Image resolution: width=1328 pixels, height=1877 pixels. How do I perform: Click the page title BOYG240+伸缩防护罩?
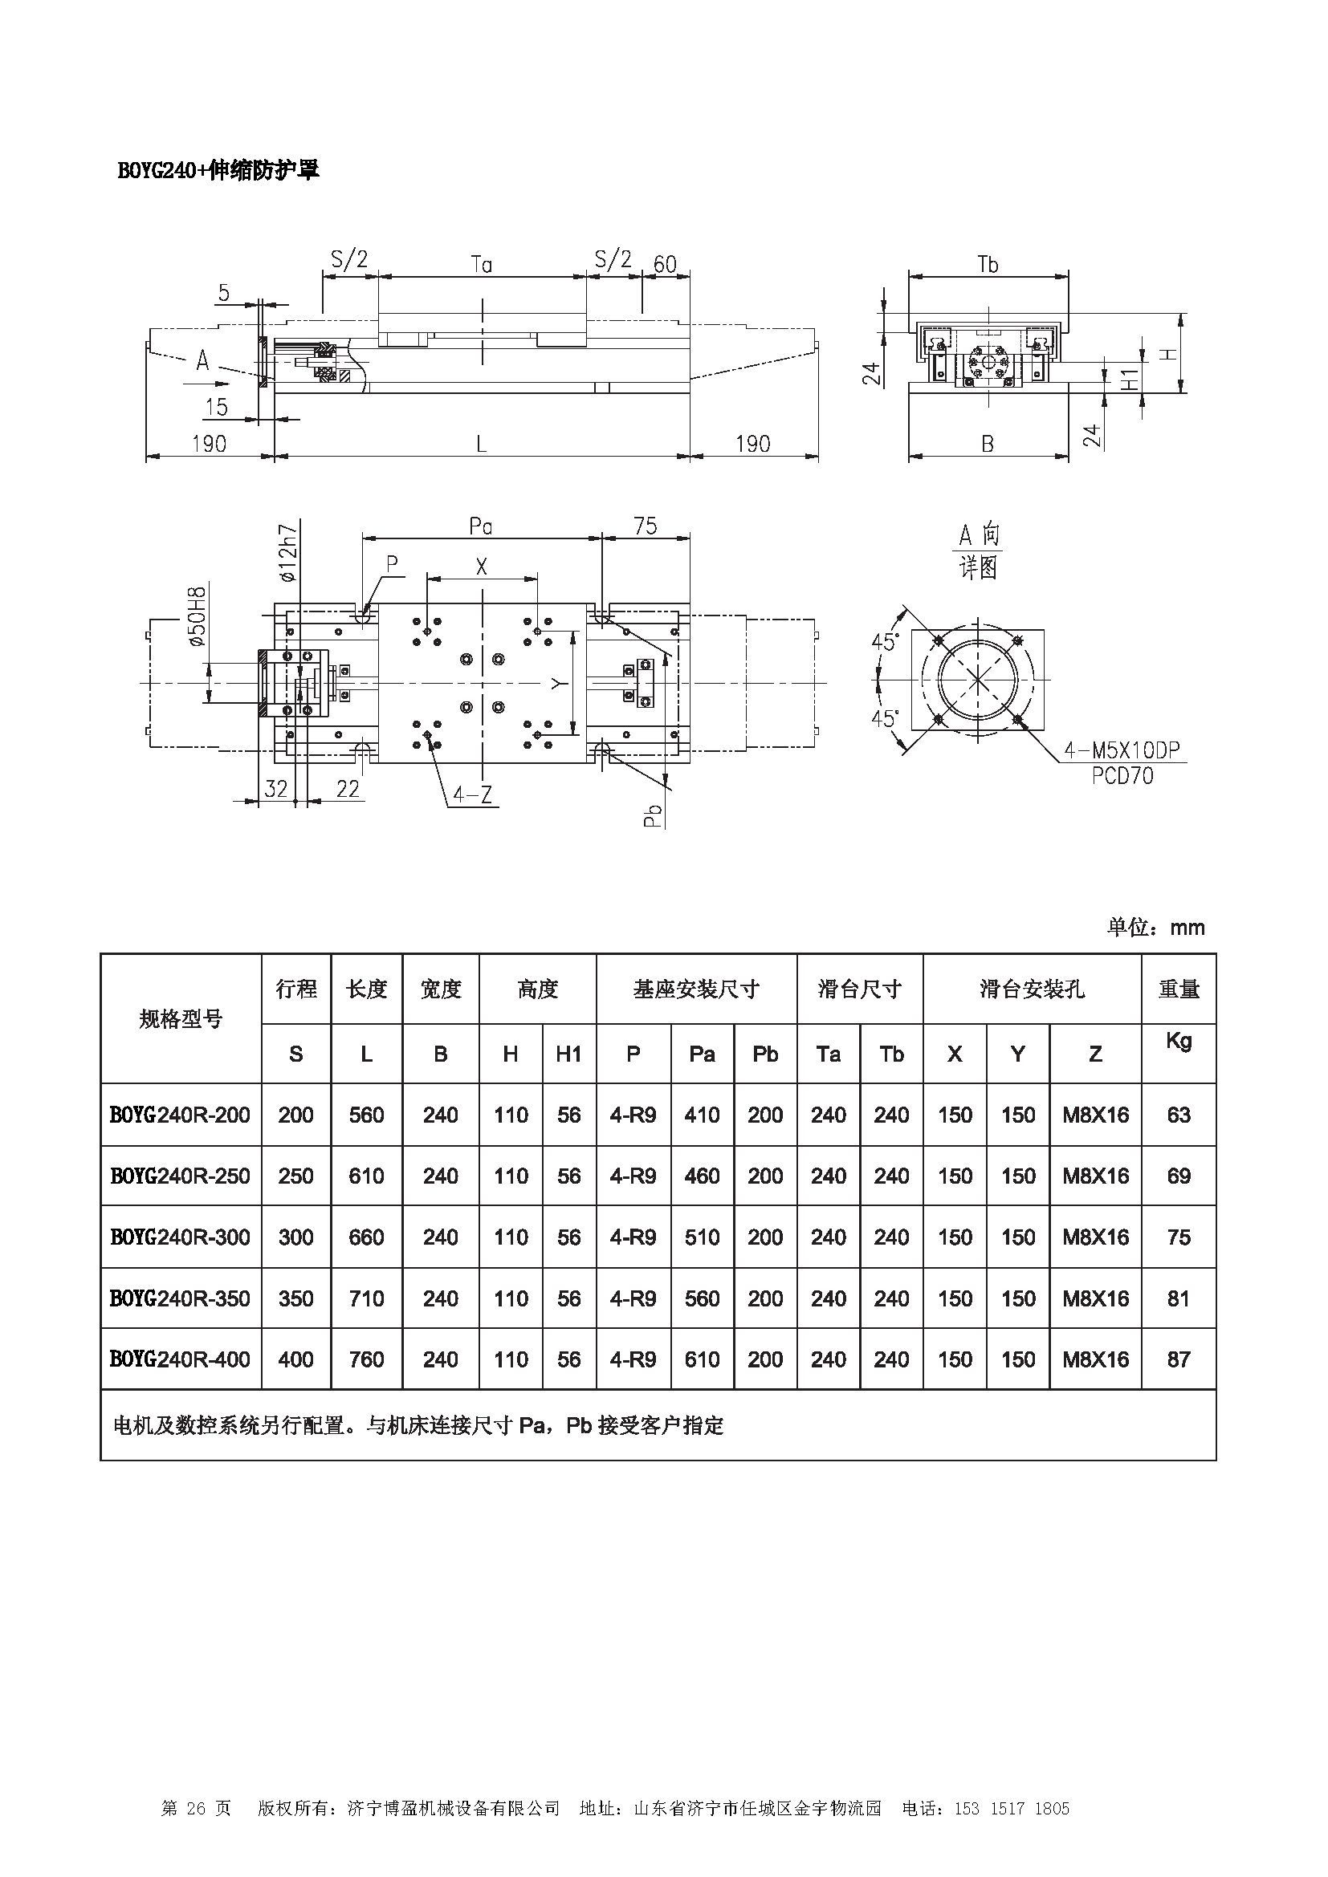218,170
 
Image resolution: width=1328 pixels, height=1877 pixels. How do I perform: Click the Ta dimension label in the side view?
482,264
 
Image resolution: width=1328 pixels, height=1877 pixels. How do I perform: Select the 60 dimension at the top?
665,264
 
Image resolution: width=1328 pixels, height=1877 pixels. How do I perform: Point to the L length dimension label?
482,444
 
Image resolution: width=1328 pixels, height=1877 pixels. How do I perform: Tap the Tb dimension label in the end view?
988,264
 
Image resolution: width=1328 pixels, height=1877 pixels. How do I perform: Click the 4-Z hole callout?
472,794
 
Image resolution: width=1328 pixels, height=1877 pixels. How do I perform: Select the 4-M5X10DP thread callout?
1121,750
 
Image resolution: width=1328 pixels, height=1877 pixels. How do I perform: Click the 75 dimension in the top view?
646,526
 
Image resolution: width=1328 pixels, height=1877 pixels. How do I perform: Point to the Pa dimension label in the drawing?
481,526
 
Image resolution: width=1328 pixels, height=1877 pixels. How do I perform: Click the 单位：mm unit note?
1155,927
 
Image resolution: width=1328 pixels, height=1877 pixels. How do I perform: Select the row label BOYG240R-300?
180,1237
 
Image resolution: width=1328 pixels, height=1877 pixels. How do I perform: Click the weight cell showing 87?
1179,1359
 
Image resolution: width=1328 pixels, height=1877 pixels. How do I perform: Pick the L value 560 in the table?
366,1115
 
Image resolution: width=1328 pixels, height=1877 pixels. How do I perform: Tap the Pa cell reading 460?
702,1176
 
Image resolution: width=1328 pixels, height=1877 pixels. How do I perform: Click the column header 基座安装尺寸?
696,989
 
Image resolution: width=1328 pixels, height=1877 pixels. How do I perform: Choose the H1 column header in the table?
568,1054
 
